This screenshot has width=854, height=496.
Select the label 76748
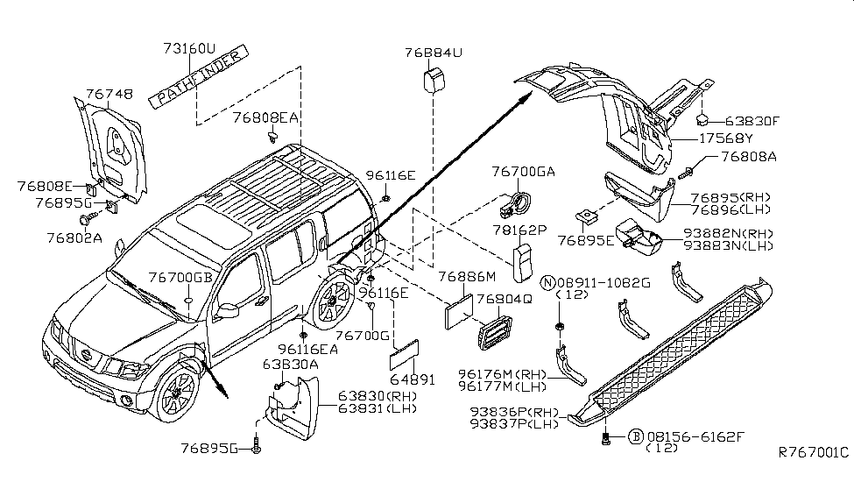coord(109,94)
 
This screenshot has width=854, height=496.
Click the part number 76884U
coord(434,53)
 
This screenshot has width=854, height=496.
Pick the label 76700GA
coord(525,172)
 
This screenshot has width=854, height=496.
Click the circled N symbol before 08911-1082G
coord(547,281)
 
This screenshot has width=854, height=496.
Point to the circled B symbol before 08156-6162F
coord(634,435)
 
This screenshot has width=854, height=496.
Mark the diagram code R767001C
coord(814,453)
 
